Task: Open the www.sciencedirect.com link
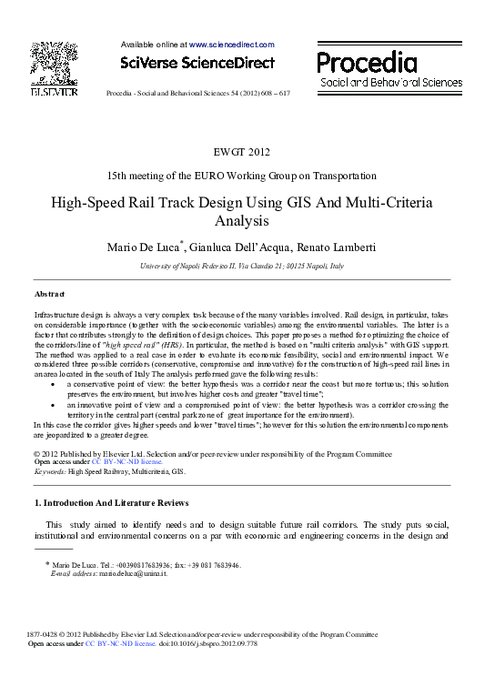coord(231,44)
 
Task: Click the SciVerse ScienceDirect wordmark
coord(197,63)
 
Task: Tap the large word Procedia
coord(368,63)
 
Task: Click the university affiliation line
coord(241,266)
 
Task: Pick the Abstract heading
coord(49,295)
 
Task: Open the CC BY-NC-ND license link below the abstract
coord(121,461)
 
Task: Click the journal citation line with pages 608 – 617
coord(198,94)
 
